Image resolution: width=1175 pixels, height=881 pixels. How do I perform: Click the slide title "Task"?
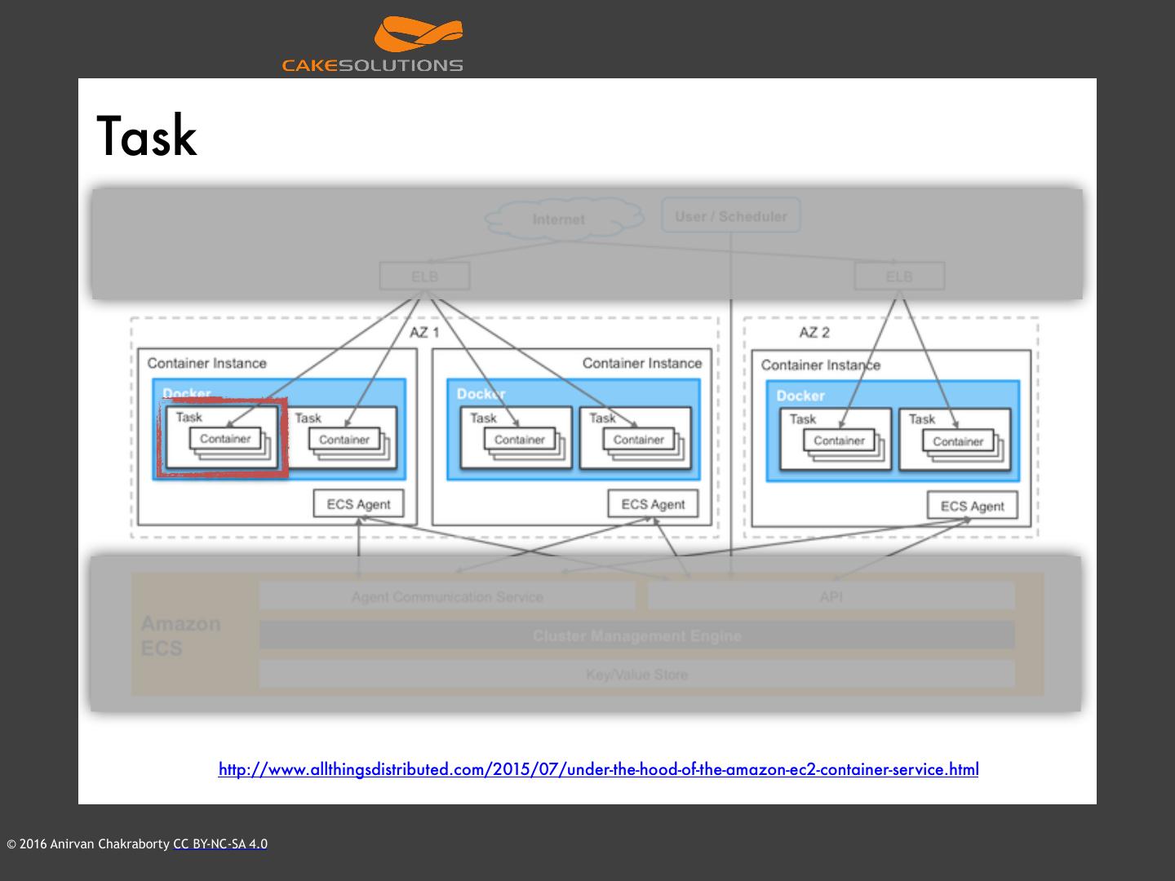[147, 136]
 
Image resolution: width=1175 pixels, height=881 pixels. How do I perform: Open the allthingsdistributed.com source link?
[598, 769]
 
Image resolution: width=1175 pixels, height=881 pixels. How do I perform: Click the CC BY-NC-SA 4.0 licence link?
[220, 844]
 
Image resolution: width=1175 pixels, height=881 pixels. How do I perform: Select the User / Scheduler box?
[730, 216]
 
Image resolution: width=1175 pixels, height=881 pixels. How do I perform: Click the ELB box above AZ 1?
[424, 277]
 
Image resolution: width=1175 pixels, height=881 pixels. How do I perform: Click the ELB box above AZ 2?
[899, 277]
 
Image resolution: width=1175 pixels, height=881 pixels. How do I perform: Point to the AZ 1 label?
[424, 332]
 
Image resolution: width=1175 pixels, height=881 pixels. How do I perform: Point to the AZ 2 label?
[814, 332]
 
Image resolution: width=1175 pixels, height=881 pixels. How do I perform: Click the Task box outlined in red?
[222, 438]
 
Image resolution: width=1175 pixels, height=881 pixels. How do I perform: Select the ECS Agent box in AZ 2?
[972, 506]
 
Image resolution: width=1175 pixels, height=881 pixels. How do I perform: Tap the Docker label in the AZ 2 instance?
[800, 396]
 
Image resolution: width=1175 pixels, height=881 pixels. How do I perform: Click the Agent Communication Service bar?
[447, 596]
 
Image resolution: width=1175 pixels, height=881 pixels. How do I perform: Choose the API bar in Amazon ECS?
[831, 596]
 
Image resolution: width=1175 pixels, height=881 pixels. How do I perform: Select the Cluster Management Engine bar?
[636, 635]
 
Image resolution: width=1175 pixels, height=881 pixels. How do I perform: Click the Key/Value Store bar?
[636, 675]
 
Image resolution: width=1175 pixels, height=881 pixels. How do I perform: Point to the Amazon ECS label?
[180, 635]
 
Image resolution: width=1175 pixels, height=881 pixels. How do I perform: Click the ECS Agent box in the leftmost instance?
[358, 504]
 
